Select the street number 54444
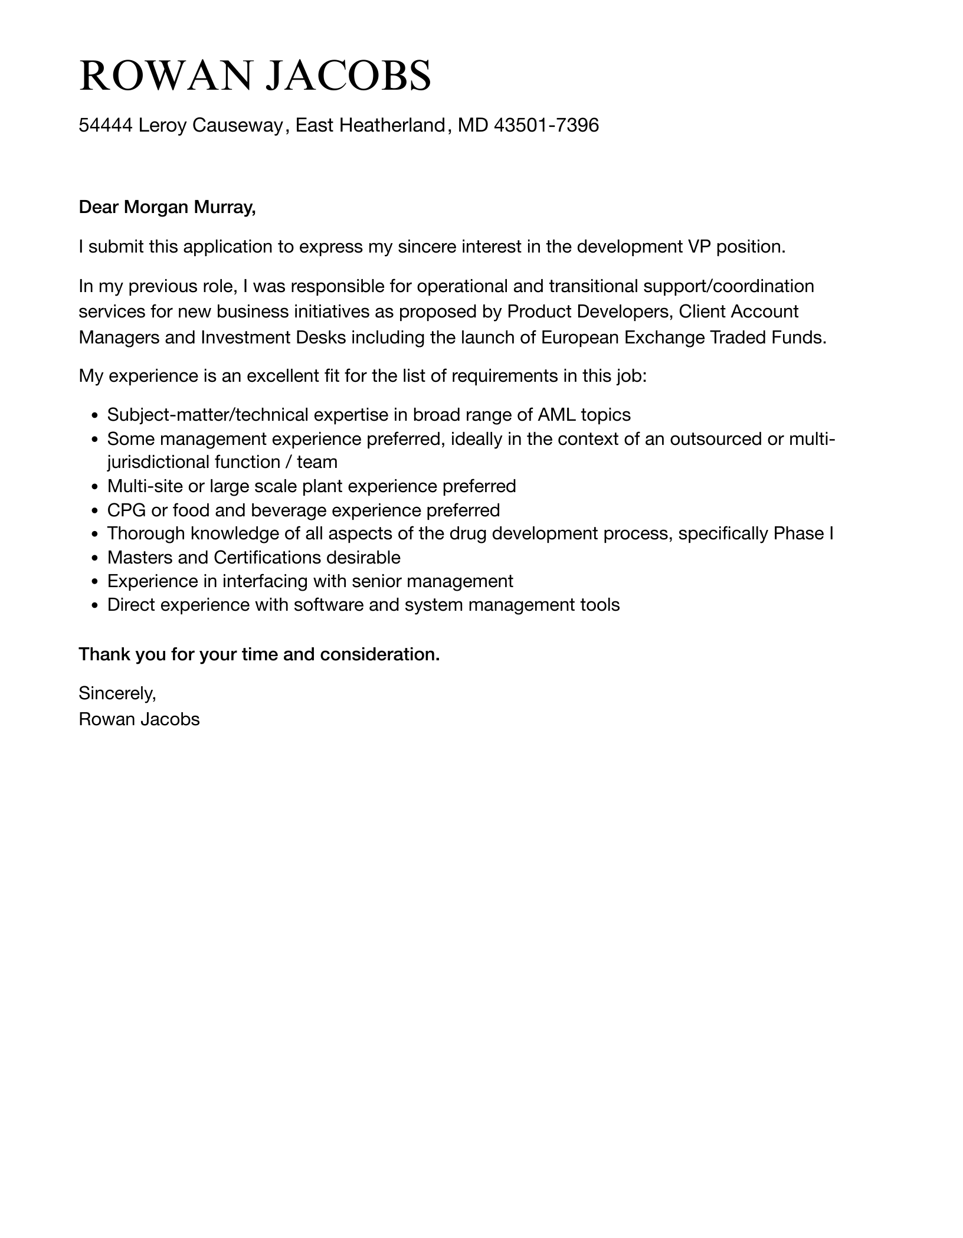click(106, 125)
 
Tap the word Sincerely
click(117, 693)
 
